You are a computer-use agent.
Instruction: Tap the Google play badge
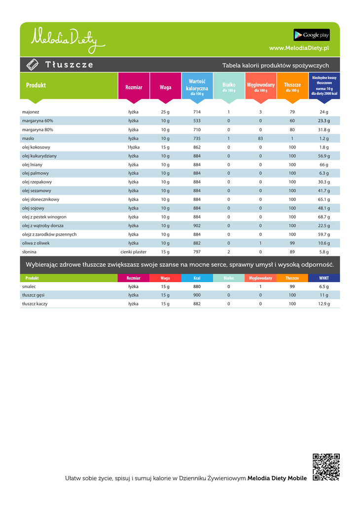coord(312,35)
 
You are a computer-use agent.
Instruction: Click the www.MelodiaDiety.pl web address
coord(299,48)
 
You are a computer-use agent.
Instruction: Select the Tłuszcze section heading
coord(69,65)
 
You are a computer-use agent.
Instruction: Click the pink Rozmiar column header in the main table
coord(134,87)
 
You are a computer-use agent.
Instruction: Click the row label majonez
coord(31,112)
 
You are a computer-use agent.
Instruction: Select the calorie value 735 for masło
coord(197,139)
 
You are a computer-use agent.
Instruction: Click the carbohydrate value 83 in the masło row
coord(260,139)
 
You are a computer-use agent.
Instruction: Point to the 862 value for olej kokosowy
coord(197,147)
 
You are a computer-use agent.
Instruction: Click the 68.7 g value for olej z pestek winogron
coord(324,217)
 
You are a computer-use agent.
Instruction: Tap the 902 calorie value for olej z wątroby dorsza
coord(197,226)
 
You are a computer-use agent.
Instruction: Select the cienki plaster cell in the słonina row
coord(134,252)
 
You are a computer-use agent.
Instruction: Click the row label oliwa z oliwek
coord(36,243)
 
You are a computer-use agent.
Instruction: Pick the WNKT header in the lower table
coord(324,278)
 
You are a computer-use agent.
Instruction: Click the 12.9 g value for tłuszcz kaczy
coord(324,304)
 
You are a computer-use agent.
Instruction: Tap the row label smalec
coord(29,287)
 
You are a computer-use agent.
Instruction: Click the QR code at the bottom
coord(326,467)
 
